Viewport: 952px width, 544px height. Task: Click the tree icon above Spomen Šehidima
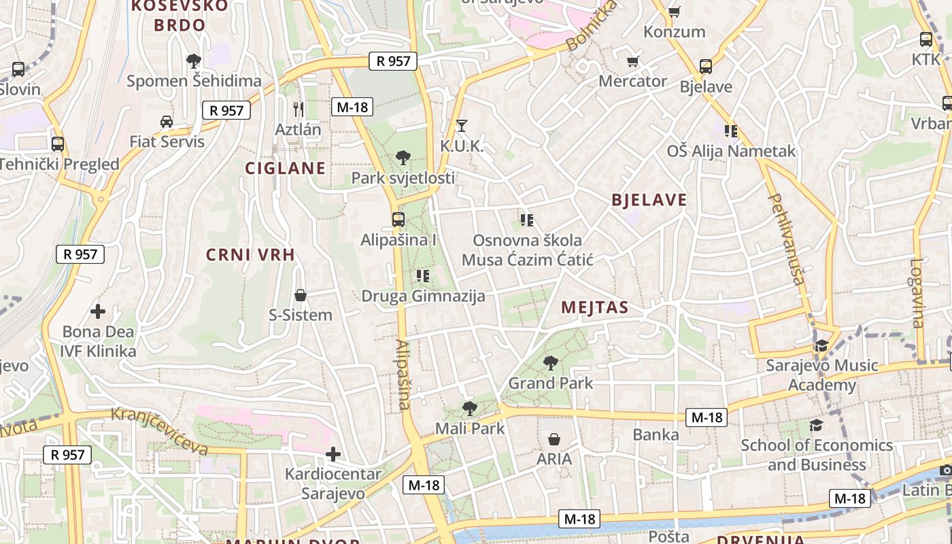(x=194, y=61)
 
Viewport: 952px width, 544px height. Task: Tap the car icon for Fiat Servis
(x=166, y=122)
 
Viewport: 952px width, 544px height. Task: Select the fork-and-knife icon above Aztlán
(x=298, y=109)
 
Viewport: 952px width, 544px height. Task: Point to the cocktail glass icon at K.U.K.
(x=462, y=126)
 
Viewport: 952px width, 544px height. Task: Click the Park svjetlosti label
(x=403, y=178)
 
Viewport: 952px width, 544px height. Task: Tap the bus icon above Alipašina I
(x=398, y=220)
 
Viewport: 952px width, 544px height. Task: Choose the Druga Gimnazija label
(x=423, y=296)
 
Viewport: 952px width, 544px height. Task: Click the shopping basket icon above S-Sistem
(x=301, y=295)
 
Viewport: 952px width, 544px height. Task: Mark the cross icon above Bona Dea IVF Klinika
(x=98, y=311)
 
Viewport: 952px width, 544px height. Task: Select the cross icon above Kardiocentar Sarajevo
(x=333, y=454)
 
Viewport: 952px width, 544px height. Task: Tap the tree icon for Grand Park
(x=551, y=363)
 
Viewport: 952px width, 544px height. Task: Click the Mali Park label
(x=470, y=428)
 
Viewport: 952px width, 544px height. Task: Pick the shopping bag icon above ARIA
(x=554, y=439)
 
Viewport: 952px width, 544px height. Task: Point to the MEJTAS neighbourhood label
(x=595, y=308)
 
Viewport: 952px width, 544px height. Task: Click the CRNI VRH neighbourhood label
(x=251, y=255)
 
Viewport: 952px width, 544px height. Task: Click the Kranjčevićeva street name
(x=159, y=431)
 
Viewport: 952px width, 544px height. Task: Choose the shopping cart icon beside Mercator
(x=632, y=62)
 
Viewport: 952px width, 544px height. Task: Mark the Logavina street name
(x=917, y=293)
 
